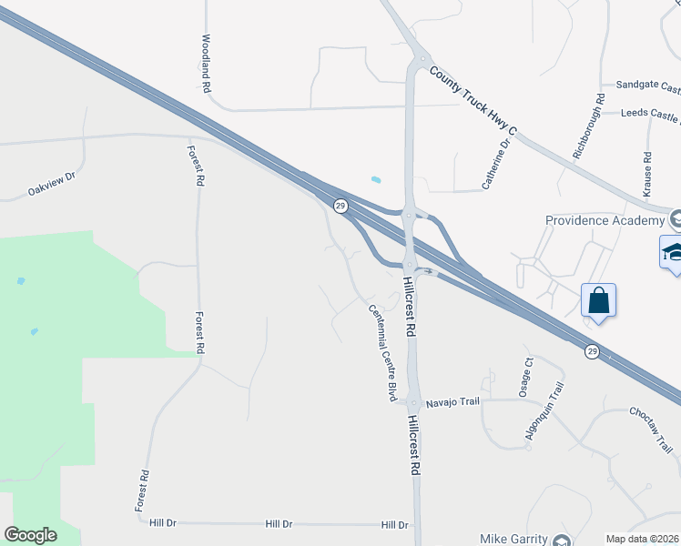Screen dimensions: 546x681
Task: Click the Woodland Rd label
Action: pyautogui.click(x=207, y=64)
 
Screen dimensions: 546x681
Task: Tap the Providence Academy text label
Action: pyautogui.click(x=605, y=221)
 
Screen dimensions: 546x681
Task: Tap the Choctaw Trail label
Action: pyautogui.click(x=650, y=426)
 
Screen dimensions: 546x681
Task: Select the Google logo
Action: pyautogui.click(x=30, y=535)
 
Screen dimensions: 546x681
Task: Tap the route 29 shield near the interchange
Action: pyautogui.click(x=340, y=207)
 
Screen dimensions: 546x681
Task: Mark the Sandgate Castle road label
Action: pyautogui.click(x=647, y=88)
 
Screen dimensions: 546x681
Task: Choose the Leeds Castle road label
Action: pyautogui.click(x=650, y=116)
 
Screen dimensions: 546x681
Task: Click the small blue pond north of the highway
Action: pyautogui.click(x=376, y=179)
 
